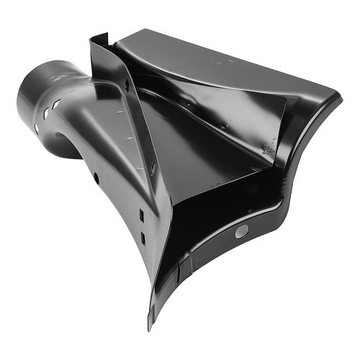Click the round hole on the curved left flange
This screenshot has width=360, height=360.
click(x=96, y=176)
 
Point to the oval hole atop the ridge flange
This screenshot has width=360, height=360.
click(x=126, y=84)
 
